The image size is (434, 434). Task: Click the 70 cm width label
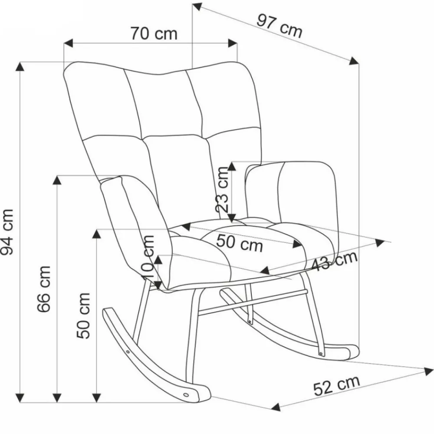pos(154,33)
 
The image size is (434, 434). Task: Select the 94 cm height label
pos(7,232)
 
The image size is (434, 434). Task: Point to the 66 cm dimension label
pos(44,289)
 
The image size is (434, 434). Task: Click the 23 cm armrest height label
pos(222,189)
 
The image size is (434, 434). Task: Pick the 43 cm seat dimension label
pos(334,260)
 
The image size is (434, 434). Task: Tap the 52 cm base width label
pos(337,385)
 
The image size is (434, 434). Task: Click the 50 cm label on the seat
pos(239,243)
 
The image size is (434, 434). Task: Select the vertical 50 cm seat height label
pos(83,315)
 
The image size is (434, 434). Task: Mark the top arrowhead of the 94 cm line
pos(20,67)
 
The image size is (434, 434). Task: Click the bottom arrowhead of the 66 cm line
pos(57,398)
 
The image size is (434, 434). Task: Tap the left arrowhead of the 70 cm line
pos(69,43)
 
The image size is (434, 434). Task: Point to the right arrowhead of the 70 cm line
pos(233,43)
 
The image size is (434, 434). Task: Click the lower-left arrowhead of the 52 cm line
pos(276,407)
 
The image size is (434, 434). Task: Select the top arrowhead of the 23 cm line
pos(232,166)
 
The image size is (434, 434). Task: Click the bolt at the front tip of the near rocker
pos(186,395)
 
